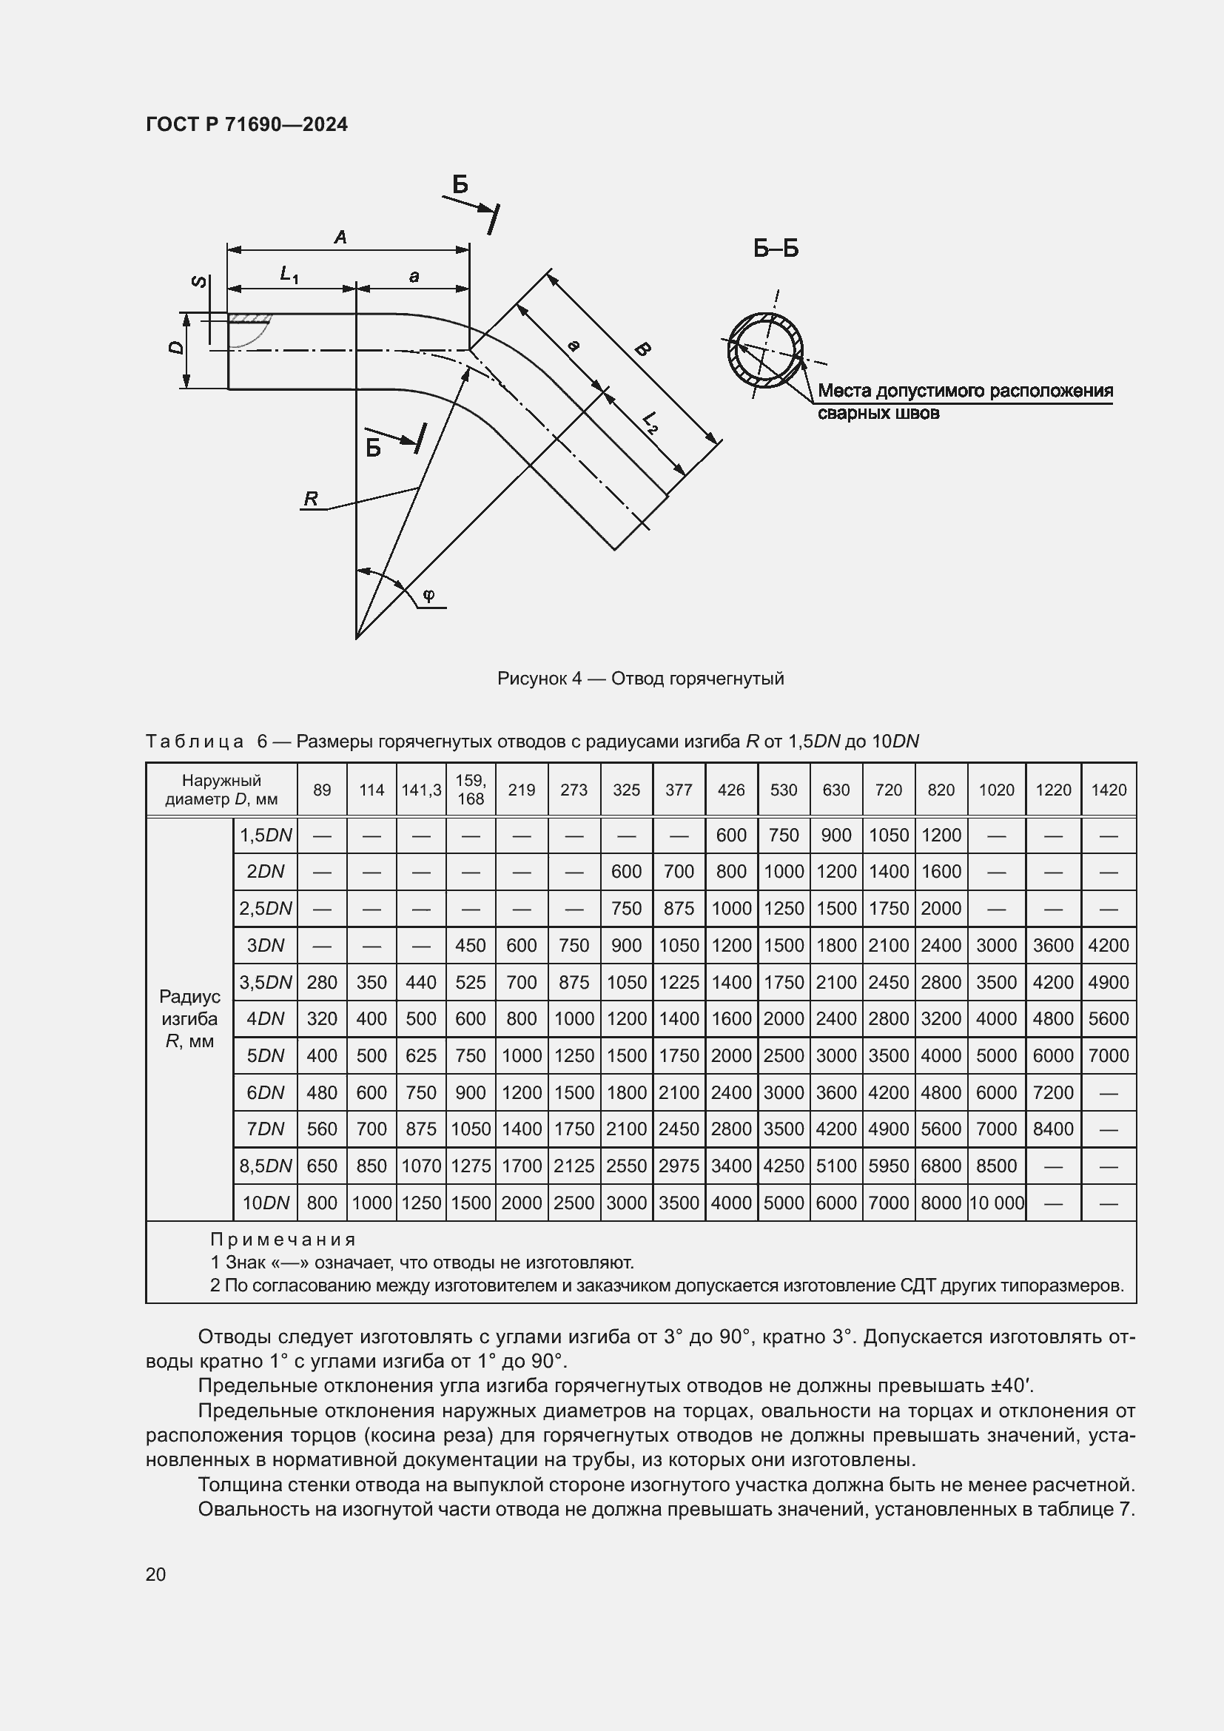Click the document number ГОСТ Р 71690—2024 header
point(246,124)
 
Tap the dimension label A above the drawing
point(340,238)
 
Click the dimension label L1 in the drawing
point(289,275)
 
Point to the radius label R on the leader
point(311,498)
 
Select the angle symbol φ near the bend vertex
point(428,596)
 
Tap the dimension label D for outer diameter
point(175,347)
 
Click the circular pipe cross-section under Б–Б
point(765,351)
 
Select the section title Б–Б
point(776,249)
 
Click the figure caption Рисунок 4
point(640,679)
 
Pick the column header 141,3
point(420,790)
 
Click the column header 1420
point(1109,790)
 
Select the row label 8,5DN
point(266,1166)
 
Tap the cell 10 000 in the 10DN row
point(996,1203)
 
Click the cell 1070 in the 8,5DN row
point(420,1166)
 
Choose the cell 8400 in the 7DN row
point(1052,1129)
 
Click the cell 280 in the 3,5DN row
point(322,982)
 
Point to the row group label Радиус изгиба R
point(190,1018)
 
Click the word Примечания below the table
point(283,1240)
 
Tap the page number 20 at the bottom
point(156,1574)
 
